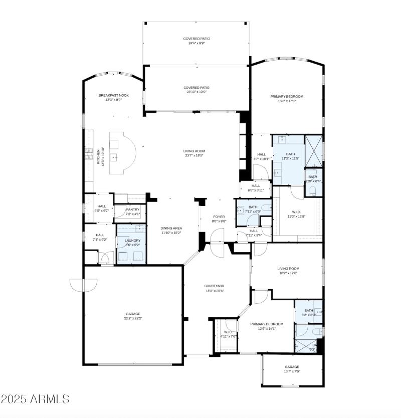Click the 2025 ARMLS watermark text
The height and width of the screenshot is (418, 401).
35,399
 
